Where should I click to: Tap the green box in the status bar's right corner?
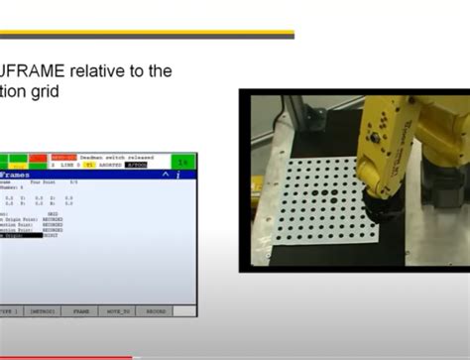(182, 161)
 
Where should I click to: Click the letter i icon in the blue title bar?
(177, 175)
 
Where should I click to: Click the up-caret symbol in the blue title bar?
(164, 175)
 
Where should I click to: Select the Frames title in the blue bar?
(15, 175)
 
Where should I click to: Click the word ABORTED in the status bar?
(103, 165)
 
